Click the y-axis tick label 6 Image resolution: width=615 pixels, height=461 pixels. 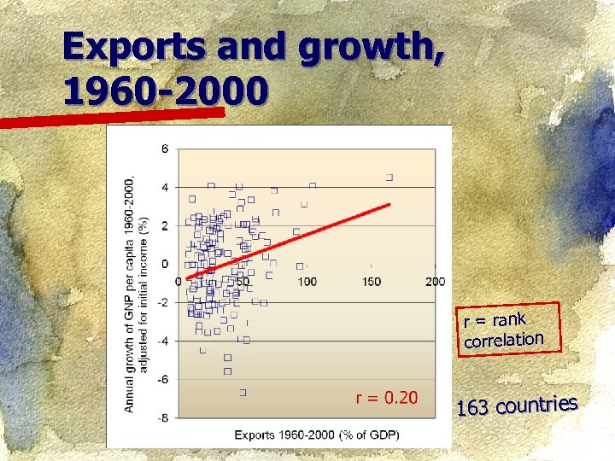tap(166, 149)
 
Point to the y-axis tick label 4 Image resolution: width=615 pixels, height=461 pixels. tap(166, 188)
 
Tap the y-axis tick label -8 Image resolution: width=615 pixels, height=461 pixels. tap(163, 417)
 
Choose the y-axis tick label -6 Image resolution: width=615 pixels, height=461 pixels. tap(163, 379)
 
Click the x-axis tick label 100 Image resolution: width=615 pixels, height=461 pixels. tap(306, 282)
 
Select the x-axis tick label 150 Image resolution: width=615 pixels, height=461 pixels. tap(371, 282)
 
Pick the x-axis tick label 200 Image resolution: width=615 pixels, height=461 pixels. tap(435, 282)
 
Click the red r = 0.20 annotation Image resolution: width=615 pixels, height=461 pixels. tap(387, 397)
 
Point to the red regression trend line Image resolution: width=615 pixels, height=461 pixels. tap(290, 240)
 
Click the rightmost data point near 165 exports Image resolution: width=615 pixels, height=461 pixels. tap(389, 178)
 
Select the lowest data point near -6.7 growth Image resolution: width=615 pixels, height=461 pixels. tap(243, 393)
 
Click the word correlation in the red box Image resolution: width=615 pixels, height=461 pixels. tap(504, 339)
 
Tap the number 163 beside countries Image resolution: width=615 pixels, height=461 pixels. tap(472, 409)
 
